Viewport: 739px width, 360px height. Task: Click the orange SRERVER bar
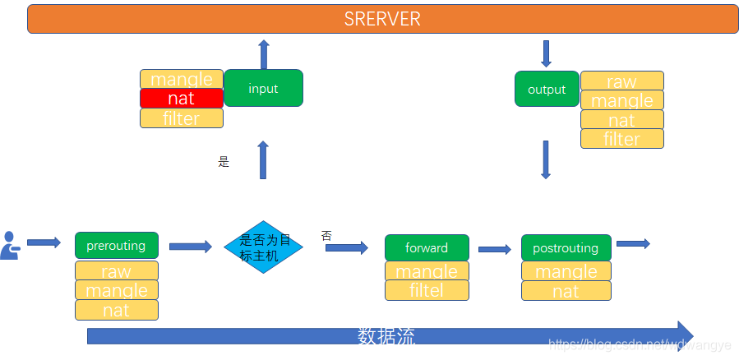point(382,19)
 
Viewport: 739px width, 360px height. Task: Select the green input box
point(263,88)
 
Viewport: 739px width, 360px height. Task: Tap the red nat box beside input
point(181,99)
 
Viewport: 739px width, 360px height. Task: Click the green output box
point(547,89)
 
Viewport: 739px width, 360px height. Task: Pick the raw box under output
point(621,81)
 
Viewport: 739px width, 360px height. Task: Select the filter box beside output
point(621,139)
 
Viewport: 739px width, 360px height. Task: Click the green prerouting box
point(116,245)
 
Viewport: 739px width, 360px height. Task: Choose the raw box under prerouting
point(116,271)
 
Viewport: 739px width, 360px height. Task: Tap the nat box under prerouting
point(116,310)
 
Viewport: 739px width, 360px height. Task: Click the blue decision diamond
point(264,247)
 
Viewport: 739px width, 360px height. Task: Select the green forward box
point(427,247)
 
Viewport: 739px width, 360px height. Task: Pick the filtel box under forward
point(427,290)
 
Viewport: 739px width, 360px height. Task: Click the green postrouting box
point(566,247)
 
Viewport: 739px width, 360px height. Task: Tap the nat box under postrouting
point(566,291)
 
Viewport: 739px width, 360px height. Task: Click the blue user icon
point(10,246)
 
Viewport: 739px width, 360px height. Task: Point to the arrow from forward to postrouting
point(494,249)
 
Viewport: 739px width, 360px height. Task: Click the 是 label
point(224,162)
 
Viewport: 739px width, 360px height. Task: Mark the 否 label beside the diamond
point(326,236)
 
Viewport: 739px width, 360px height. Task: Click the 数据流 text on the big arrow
point(386,336)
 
